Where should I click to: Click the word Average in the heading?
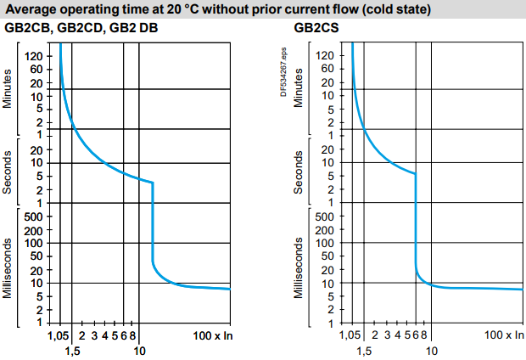[33, 10]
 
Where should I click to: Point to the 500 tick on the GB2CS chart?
[325, 217]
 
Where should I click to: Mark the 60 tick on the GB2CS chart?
[327, 69]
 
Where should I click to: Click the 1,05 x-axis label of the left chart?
[54, 336]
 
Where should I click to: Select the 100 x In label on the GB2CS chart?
[504, 336]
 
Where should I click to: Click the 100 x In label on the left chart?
[210, 336]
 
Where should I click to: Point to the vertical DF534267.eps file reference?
[284, 71]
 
